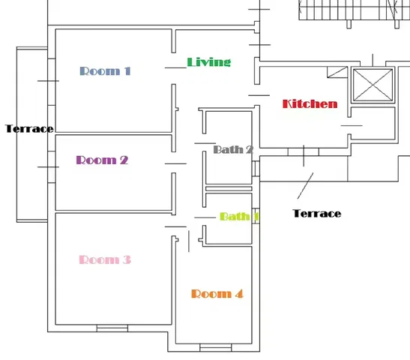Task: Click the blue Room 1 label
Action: pos(105,71)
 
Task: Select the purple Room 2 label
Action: pos(102,160)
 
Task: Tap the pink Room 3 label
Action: pos(105,259)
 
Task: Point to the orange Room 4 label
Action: pos(217,294)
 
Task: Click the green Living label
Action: pos(208,61)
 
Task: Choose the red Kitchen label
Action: pos(310,103)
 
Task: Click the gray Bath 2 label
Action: pos(232,149)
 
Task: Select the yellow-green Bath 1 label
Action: pos(238,217)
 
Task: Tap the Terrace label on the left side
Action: pos(29,129)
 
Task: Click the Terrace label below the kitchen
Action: pos(316,214)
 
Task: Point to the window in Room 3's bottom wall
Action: pos(112,328)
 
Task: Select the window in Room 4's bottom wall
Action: pos(215,346)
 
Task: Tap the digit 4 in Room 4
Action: pos(239,294)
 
